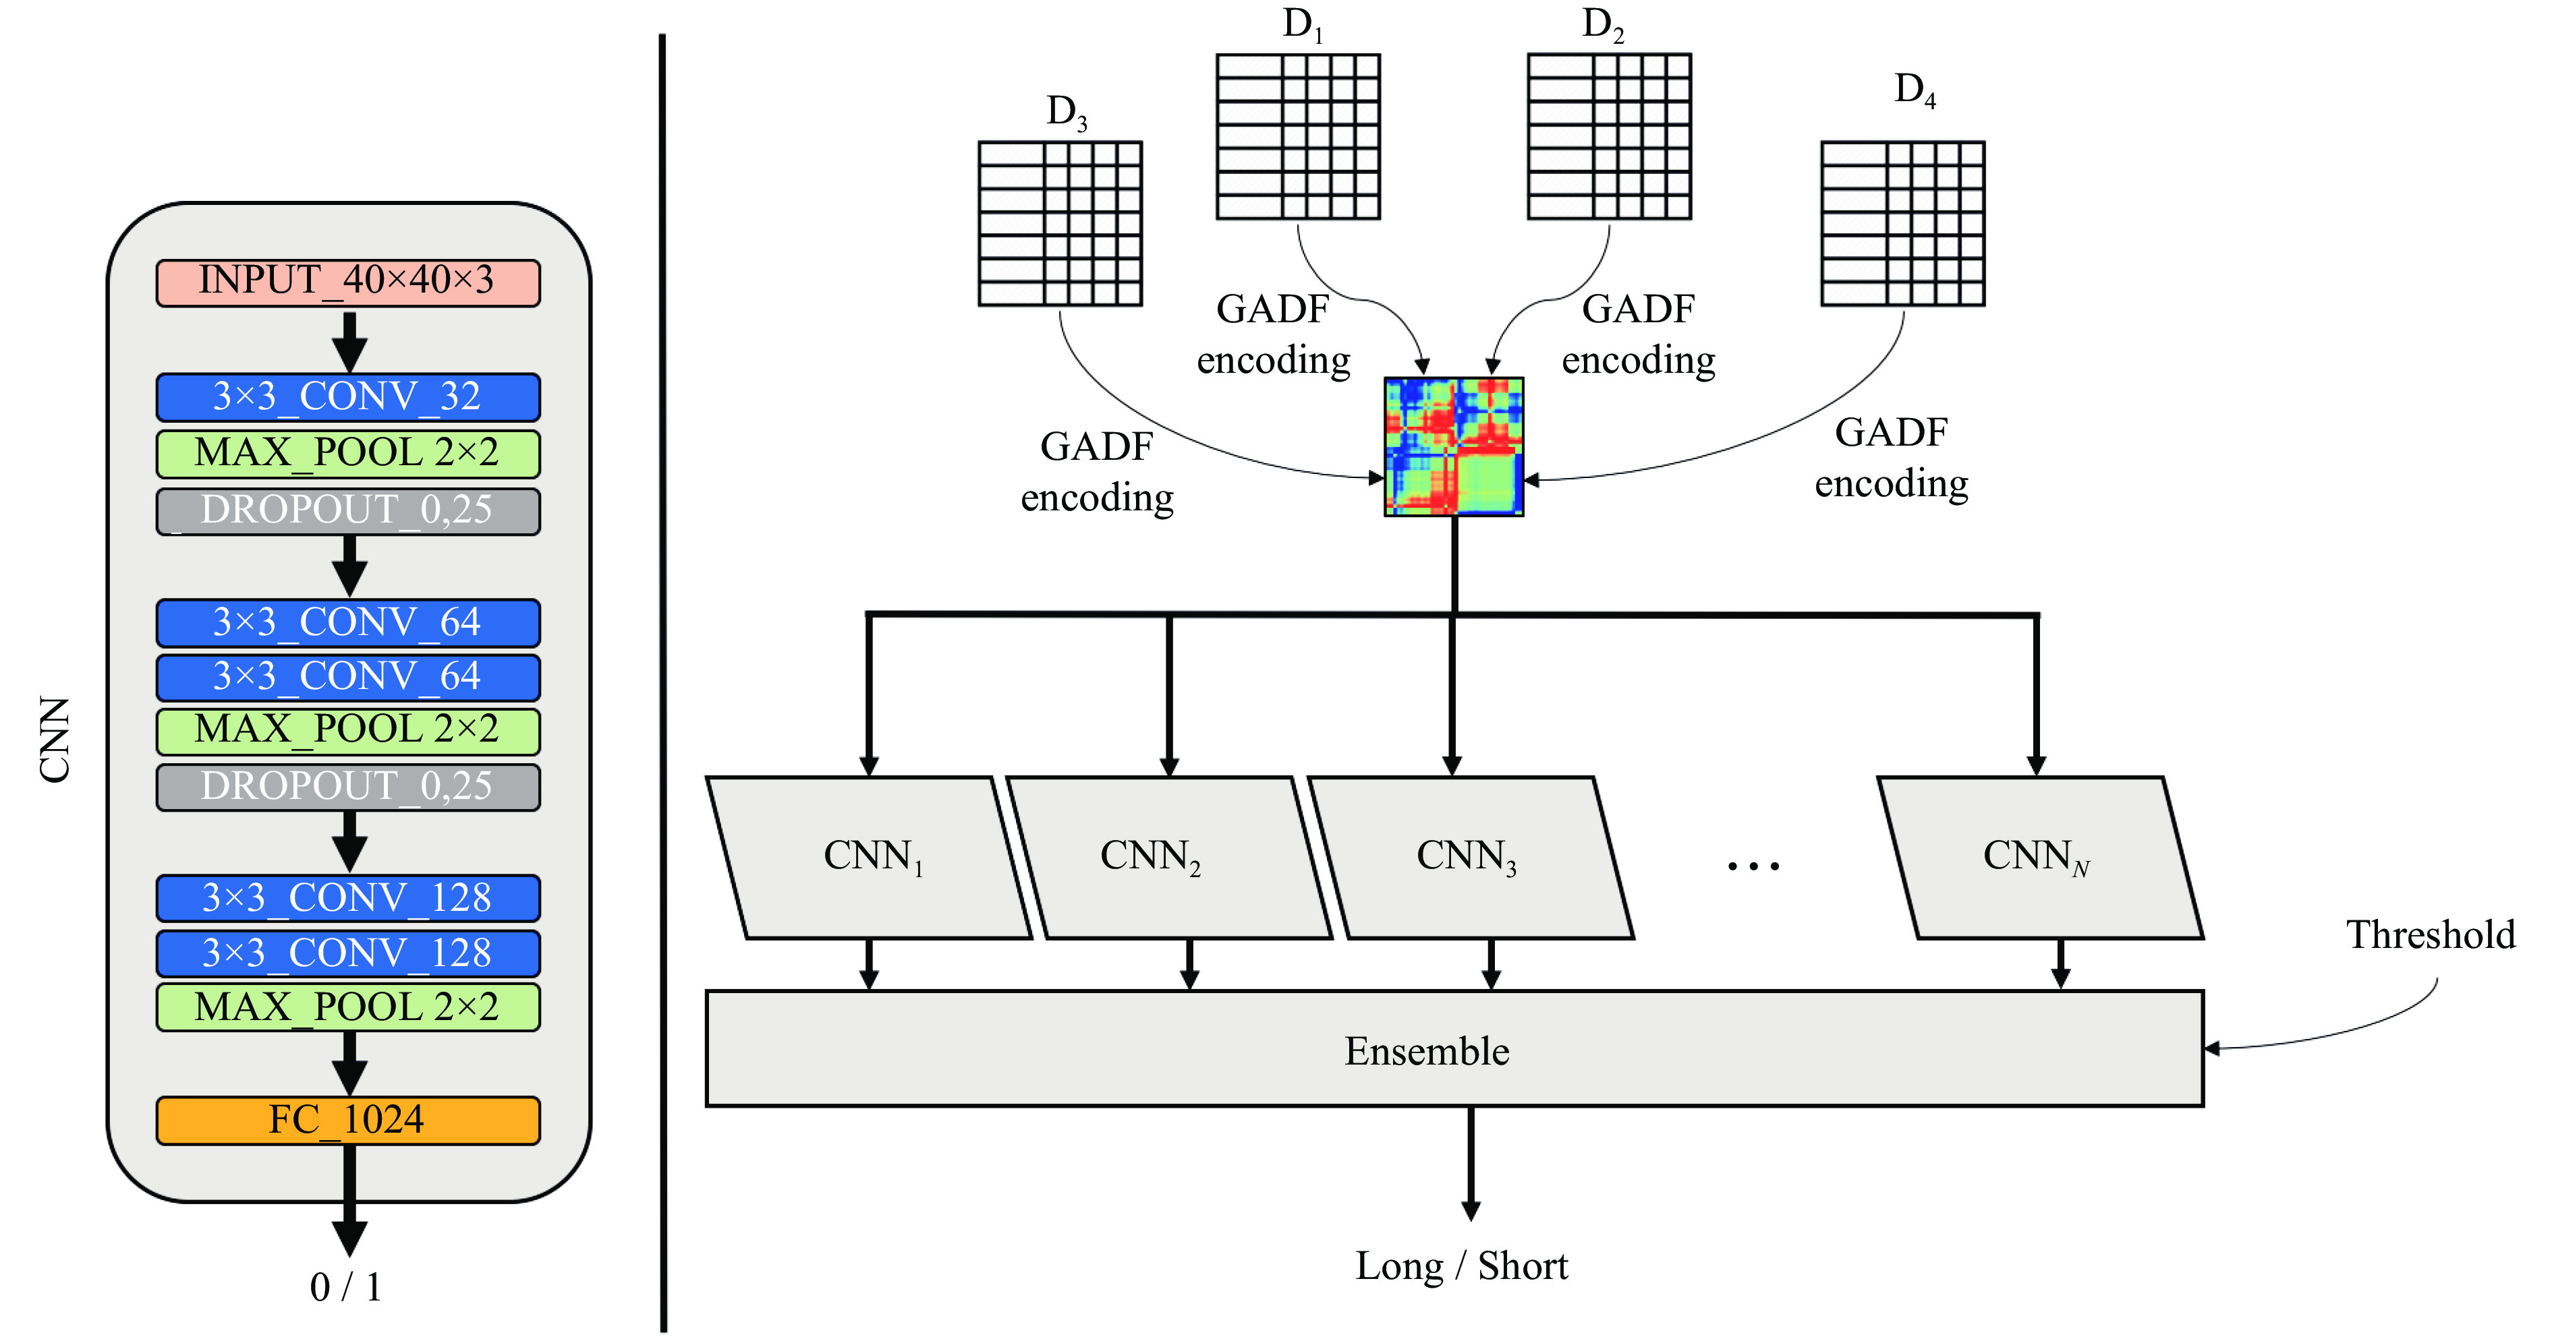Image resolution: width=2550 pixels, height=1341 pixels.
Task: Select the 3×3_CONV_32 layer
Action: [347, 397]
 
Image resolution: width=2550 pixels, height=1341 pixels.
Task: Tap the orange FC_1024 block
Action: [347, 1121]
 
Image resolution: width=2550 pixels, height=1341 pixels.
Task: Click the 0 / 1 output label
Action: [345, 1286]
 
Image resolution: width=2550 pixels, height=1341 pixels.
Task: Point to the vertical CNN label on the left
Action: [55, 740]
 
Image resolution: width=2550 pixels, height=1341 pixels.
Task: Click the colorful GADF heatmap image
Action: [1452, 446]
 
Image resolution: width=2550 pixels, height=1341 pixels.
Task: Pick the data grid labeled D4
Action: [1902, 224]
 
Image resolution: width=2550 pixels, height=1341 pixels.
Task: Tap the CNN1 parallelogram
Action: [869, 857]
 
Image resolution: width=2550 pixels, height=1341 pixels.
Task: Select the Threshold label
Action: [2429, 935]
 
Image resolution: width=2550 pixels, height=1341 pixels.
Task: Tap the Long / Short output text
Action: [1461, 1265]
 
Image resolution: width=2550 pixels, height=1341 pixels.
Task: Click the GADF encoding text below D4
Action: [1891, 457]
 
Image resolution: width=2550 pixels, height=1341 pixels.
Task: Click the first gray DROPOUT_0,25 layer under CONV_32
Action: [347, 510]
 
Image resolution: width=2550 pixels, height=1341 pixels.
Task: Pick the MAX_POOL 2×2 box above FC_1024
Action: [347, 1007]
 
